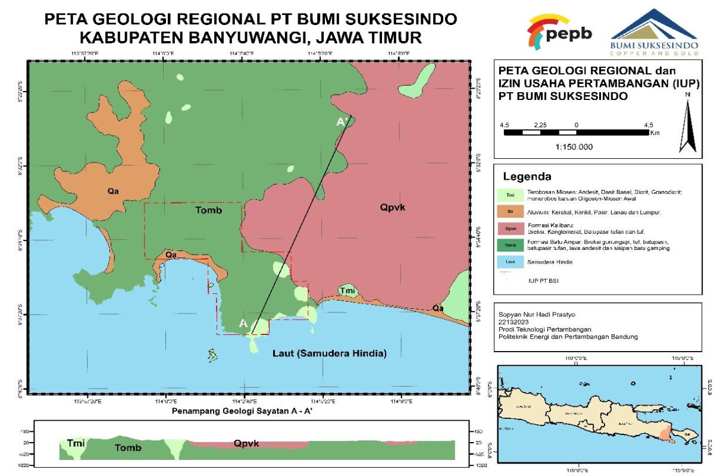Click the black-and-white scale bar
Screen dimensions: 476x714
point(576,132)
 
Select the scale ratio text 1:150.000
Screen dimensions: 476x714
point(574,147)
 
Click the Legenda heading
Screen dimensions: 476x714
point(527,177)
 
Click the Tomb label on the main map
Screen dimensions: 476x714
point(208,211)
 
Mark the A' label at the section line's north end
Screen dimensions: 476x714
point(342,122)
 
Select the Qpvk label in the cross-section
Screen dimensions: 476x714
point(246,444)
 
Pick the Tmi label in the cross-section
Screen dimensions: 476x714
point(76,444)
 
